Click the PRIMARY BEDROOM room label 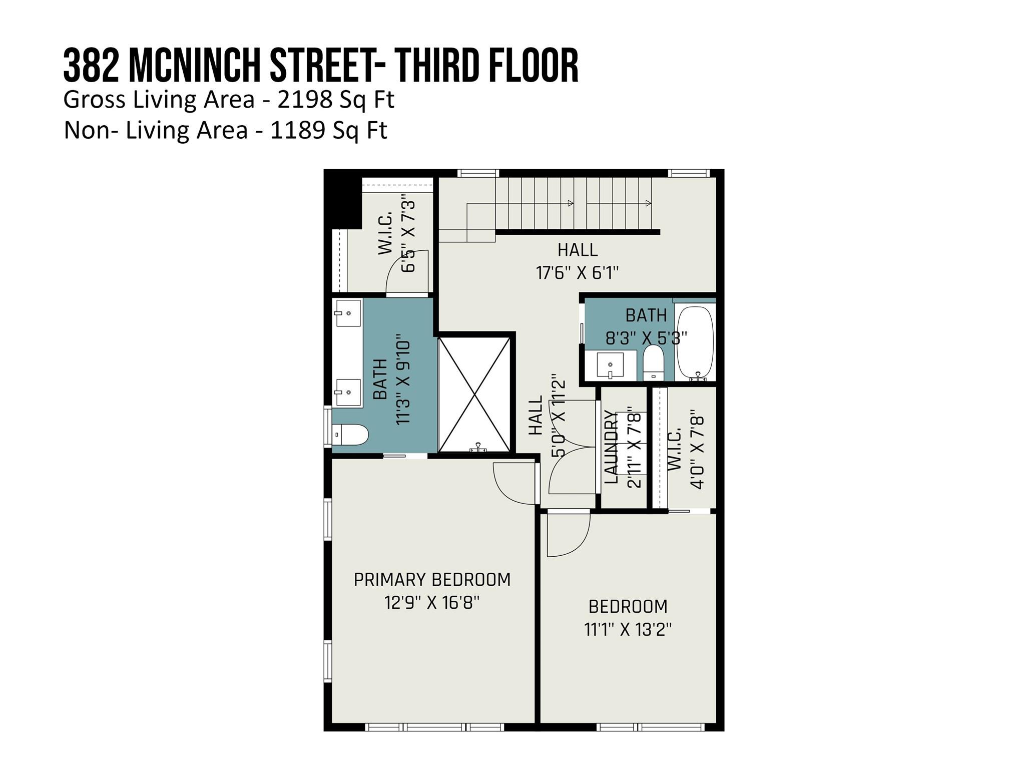click(x=432, y=579)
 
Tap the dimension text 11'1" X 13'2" click(x=628, y=629)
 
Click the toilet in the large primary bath click(x=350, y=434)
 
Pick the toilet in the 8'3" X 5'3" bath click(x=653, y=361)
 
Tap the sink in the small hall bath click(x=610, y=365)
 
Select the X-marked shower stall click(x=474, y=395)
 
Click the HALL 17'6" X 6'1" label click(x=578, y=261)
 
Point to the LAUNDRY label click(x=612, y=447)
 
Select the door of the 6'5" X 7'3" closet click(x=408, y=273)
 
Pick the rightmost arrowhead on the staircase click(x=648, y=203)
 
